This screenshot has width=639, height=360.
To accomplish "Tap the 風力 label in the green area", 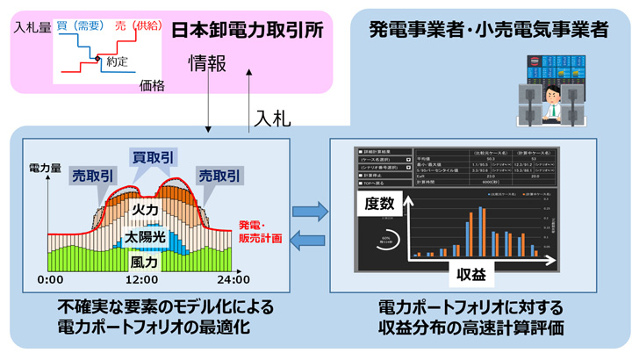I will (x=144, y=262).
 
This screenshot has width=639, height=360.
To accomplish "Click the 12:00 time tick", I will (x=140, y=279).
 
